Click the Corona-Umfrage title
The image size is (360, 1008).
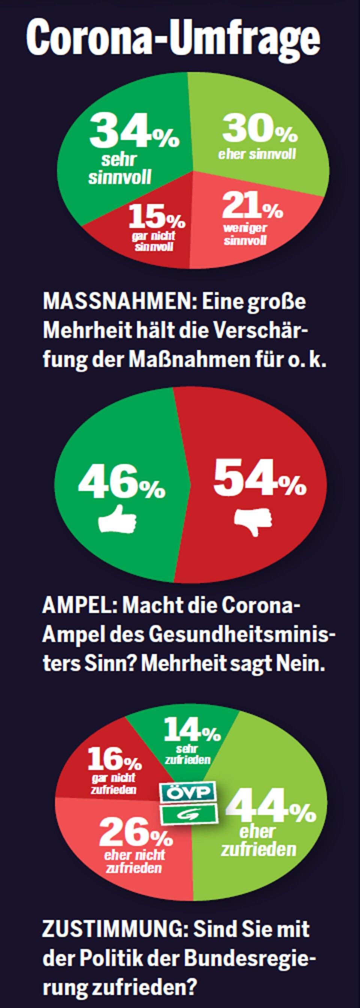coord(173,37)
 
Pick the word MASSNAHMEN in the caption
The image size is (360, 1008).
coord(120,302)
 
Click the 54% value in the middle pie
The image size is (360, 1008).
coord(259,478)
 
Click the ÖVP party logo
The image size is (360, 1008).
coord(189,792)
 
